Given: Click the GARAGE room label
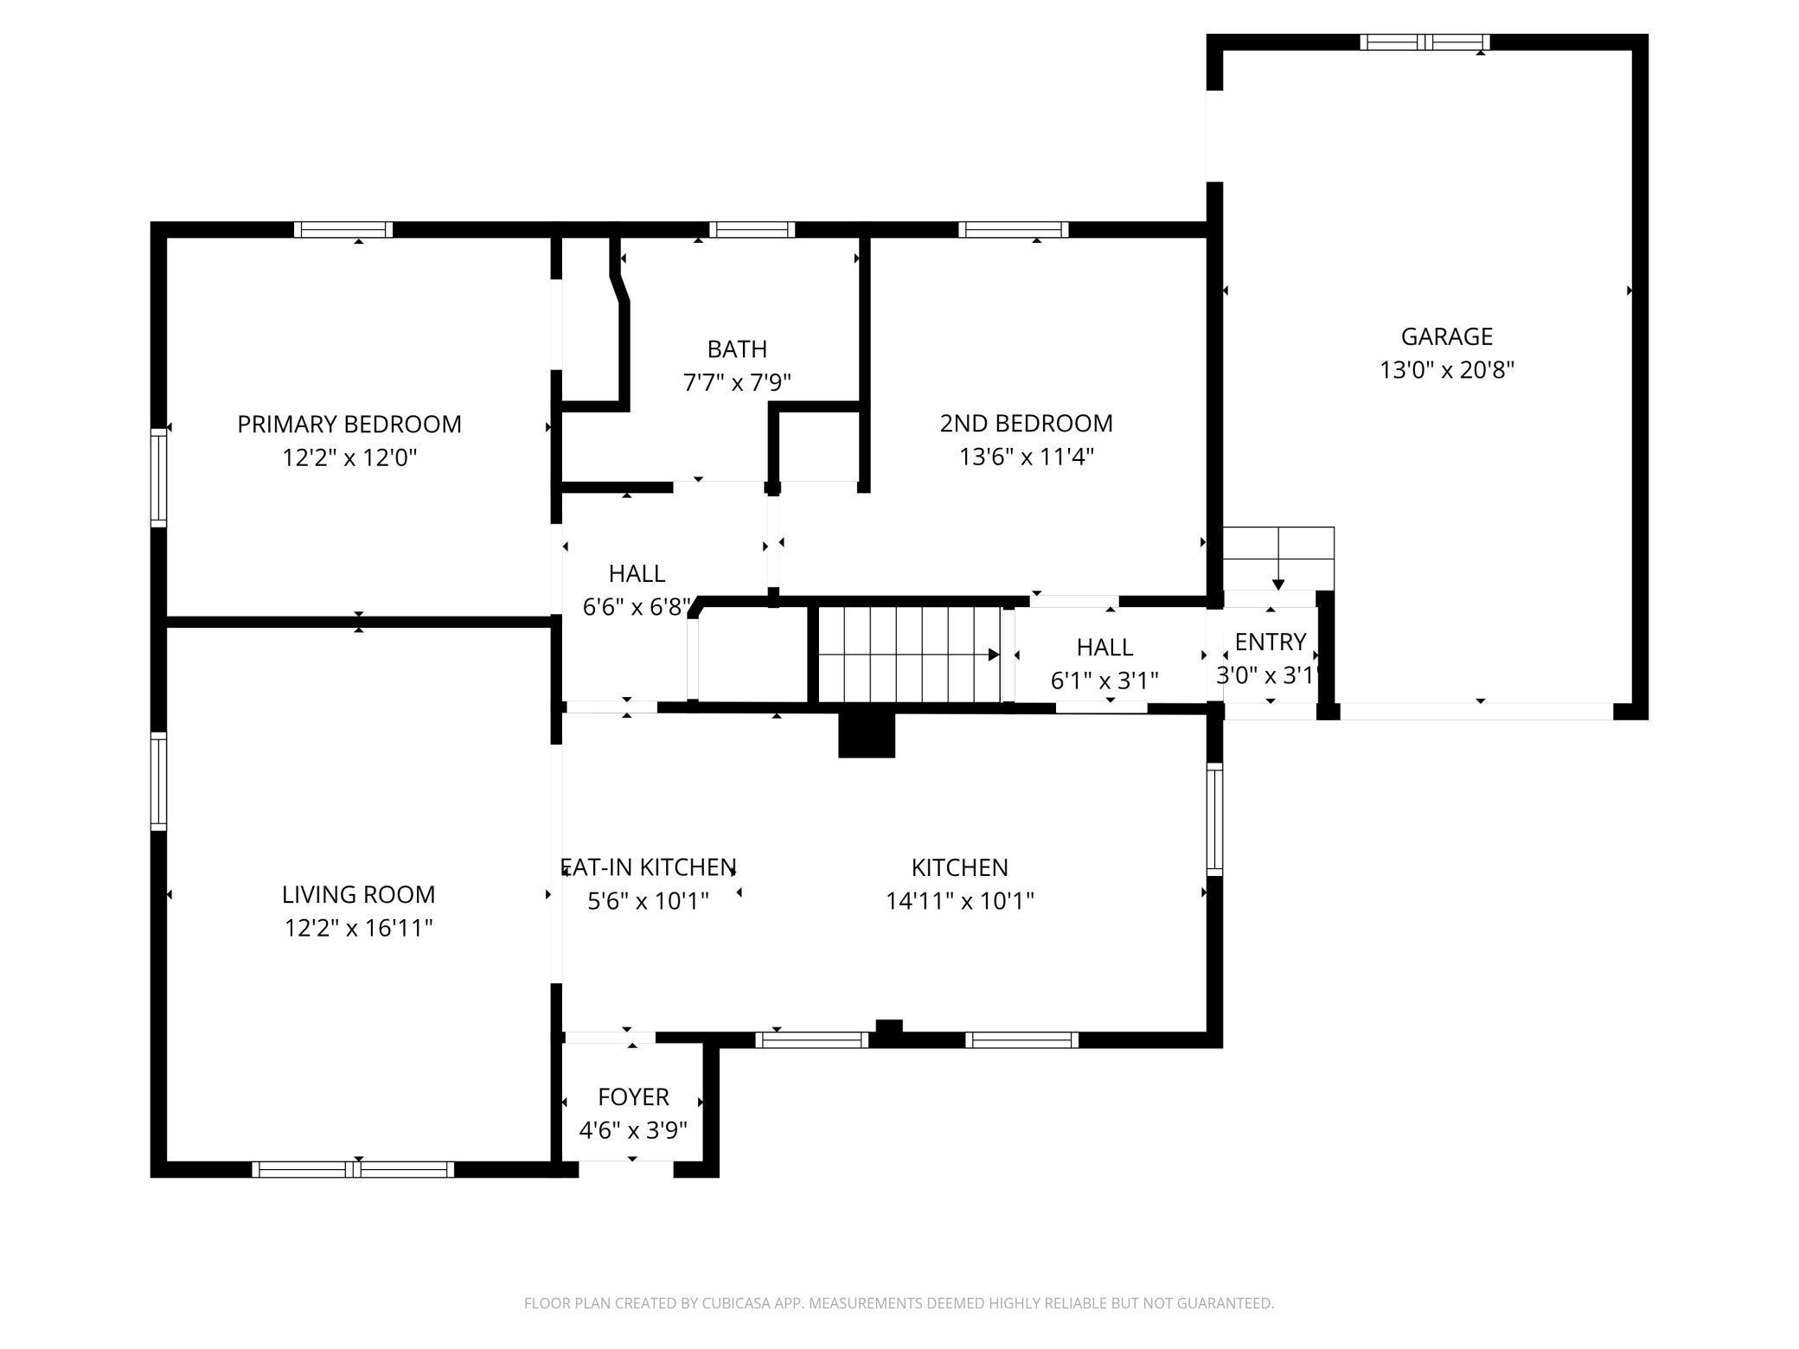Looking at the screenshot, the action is [x=1446, y=336].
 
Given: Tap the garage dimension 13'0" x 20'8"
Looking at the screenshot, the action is [x=1446, y=370].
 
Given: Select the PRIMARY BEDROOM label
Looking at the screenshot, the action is [x=349, y=425].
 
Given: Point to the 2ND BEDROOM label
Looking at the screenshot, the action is [x=1026, y=424].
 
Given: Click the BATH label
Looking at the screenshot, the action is [x=737, y=349].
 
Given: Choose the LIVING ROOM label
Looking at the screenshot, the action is [x=358, y=894].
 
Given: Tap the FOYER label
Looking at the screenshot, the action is [x=633, y=1097].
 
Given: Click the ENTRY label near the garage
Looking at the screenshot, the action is [x=1270, y=642].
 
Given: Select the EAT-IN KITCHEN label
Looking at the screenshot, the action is [x=649, y=867].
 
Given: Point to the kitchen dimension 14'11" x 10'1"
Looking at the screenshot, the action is [x=960, y=901].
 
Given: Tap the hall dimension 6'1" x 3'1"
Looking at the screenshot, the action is [x=1104, y=681].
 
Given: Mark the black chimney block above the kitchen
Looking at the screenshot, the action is [x=867, y=735].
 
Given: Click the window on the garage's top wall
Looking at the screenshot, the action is [x=1424, y=42].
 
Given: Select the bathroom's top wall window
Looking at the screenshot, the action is [x=752, y=230].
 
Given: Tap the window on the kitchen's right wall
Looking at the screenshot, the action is [x=1214, y=820].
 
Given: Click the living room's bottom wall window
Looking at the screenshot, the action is [x=353, y=1169].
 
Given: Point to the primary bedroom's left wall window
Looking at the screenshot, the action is [x=158, y=477].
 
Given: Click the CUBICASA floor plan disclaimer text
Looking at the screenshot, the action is [x=899, y=1303].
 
